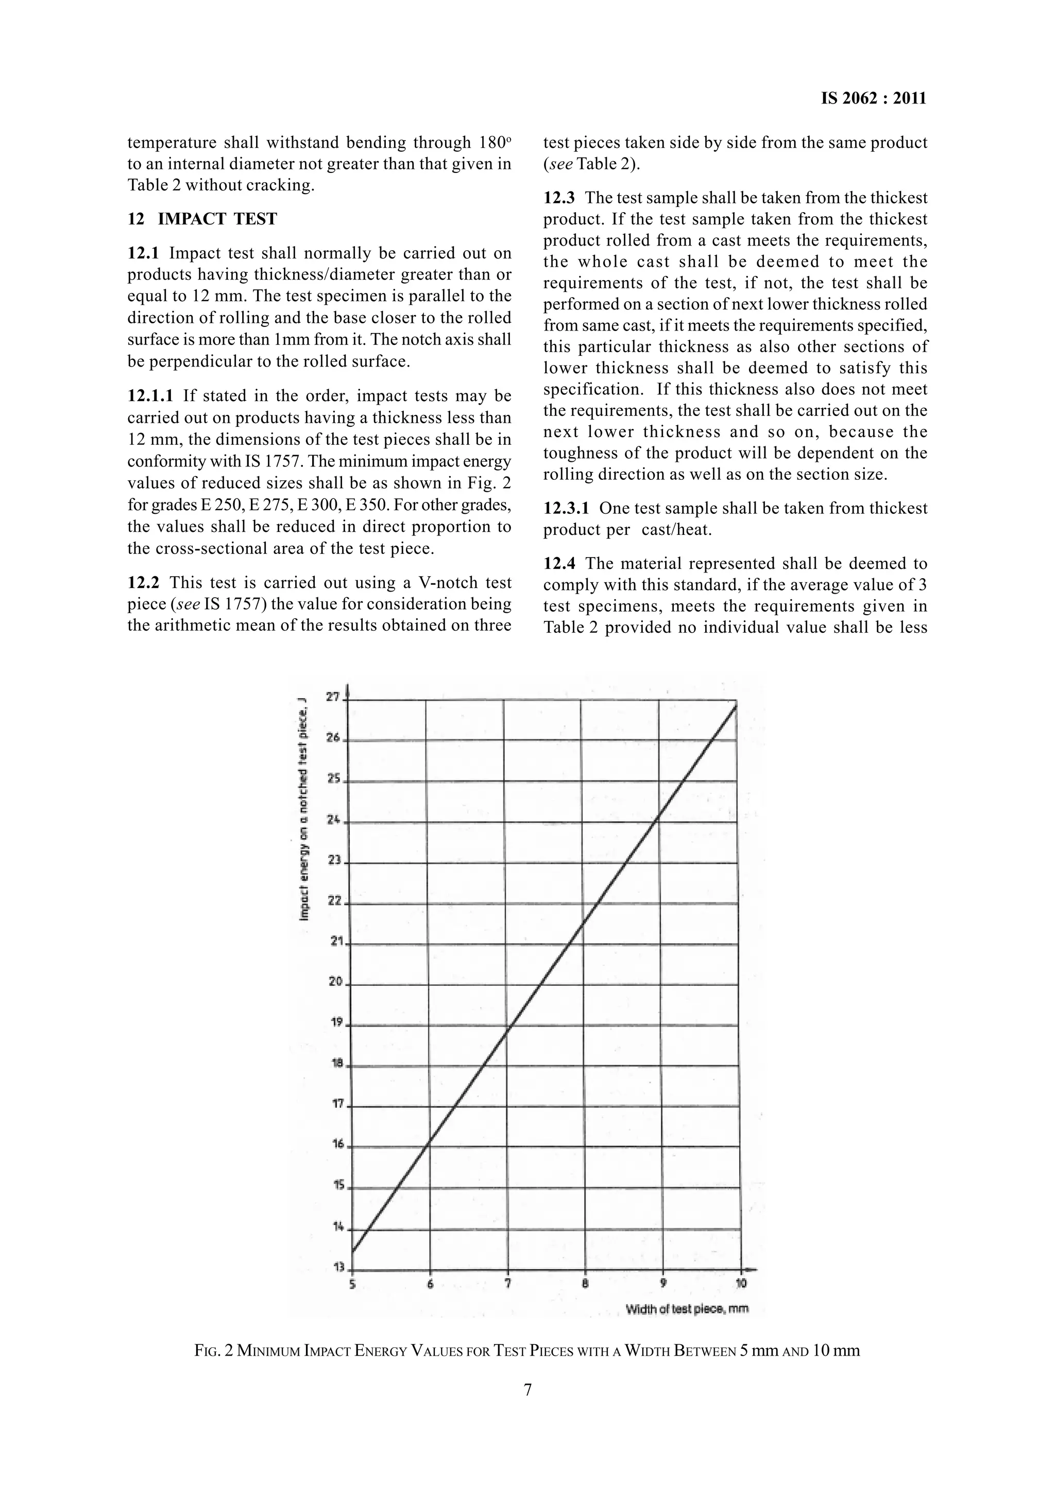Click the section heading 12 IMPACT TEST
202,219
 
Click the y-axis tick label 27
333,697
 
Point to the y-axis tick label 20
335,981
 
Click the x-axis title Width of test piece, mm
687,1309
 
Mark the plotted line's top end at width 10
737,704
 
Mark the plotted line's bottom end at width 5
352,1252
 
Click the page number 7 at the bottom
527,1390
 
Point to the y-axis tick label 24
333,820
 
